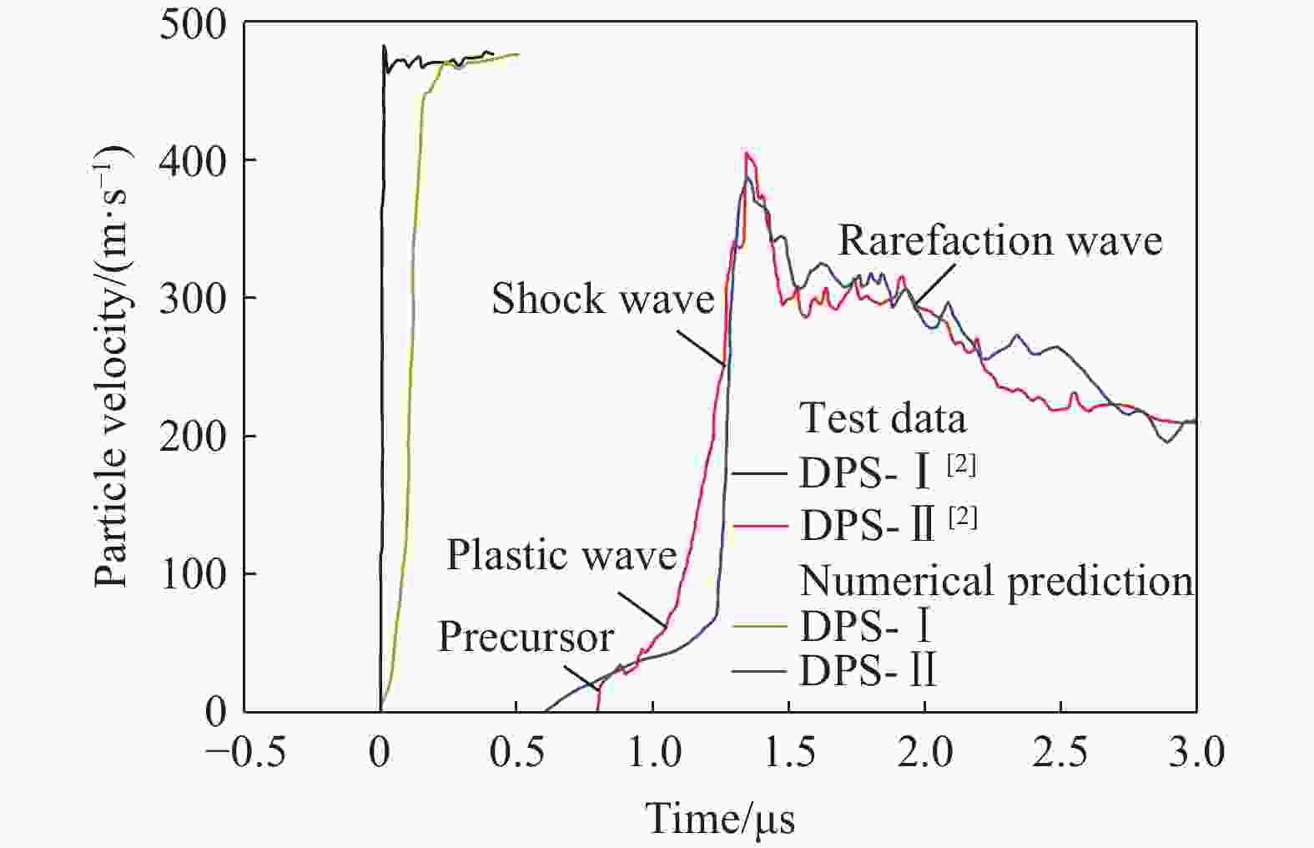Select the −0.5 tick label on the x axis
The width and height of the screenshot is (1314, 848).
[x=245, y=753]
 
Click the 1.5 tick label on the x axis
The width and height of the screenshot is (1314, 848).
[x=790, y=753]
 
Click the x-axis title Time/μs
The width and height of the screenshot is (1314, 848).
[x=720, y=817]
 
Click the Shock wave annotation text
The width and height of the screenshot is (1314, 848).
[x=602, y=299]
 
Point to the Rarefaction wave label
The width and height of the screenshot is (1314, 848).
[x=999, y=240]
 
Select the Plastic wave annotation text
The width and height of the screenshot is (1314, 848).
[x=561, y=555]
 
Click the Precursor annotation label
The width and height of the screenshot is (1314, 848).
[x=526, y=637]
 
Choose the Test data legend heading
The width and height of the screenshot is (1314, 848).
[x=883, y=417]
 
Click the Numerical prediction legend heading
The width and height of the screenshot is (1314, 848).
[x=996, y=580]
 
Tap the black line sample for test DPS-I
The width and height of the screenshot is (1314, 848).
[x=760, y=474]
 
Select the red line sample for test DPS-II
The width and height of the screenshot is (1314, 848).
[x=760, y=526]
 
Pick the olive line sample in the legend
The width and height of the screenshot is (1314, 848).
[x=760, y=625]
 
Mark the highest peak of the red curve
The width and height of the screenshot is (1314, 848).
[x=747, y=153]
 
